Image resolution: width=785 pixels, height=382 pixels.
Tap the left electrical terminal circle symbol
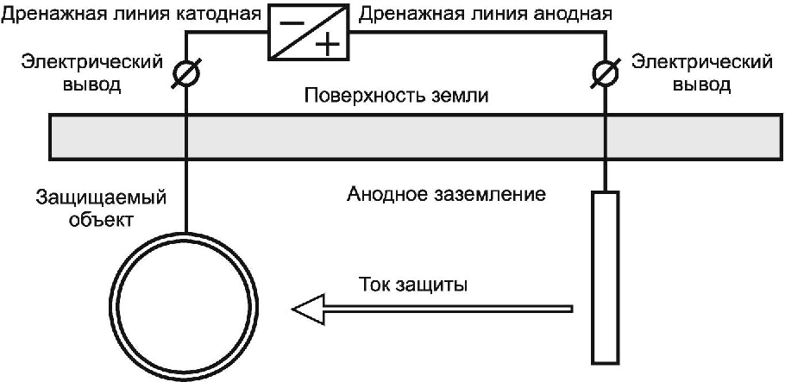coord(185,76)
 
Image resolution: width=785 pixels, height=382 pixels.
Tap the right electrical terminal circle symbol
coord(606,76)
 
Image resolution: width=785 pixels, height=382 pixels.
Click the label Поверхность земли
coord(396,96)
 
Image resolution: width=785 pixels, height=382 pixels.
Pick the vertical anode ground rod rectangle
coord(606,276)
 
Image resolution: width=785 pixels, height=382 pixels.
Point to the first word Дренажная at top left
coord(45,13)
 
